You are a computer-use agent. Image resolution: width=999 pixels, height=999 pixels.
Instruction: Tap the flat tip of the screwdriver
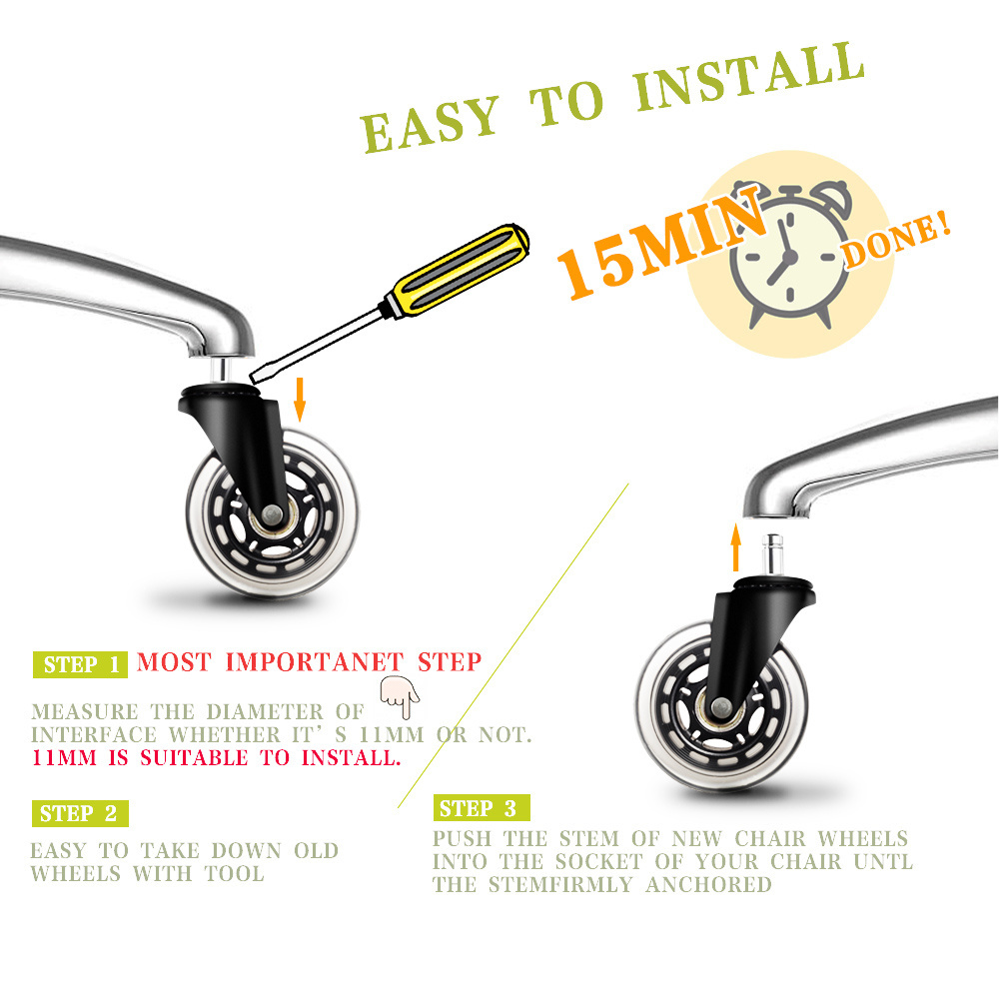[254, 378]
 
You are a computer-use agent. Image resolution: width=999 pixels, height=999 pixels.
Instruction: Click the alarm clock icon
[791, 254]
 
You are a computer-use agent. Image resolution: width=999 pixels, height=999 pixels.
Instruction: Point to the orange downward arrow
[300, 399]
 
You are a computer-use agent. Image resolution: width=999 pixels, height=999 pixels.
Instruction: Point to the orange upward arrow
[736, 547]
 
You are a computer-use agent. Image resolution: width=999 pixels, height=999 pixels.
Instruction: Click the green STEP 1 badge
[80, 664]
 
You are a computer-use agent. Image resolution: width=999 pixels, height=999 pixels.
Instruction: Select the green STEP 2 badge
[80, 813]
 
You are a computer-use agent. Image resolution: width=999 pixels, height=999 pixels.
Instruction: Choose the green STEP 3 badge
[482, 808]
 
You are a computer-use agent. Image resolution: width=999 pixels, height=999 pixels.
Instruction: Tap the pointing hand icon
[400, 697]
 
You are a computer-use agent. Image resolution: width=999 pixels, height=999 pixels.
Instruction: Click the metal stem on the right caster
[773, 554]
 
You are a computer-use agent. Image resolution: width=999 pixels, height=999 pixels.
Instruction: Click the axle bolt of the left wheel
[272, 512]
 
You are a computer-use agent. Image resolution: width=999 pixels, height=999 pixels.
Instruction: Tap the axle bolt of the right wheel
[721, 706]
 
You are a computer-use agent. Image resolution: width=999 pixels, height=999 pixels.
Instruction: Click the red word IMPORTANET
[315, 662]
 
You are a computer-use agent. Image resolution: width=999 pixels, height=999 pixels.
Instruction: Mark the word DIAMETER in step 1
[265, 711]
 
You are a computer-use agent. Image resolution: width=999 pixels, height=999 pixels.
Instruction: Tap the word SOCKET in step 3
[598, 861]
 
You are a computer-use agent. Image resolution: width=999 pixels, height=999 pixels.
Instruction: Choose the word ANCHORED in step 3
[708, 884]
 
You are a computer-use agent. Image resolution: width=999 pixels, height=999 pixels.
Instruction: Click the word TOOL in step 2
[235, 873]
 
